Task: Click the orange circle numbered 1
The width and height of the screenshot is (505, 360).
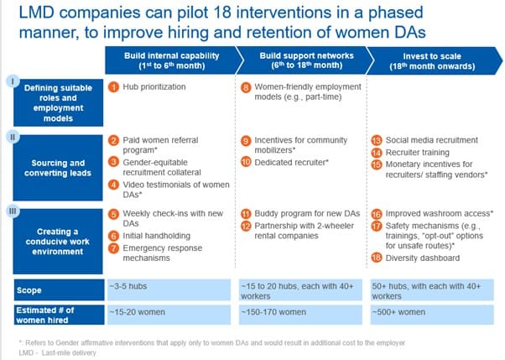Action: pyautogui.click(x=113, y=87)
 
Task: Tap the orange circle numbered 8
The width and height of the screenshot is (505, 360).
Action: pyautogui.click(x=246, y=87)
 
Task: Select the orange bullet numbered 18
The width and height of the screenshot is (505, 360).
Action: pyautogui.click(x=377, y=258)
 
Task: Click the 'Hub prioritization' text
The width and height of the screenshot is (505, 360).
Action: pyautogui.click(x=154, y=87)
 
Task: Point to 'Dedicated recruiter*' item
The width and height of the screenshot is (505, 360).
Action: pyautogui.click(x=291, y=163)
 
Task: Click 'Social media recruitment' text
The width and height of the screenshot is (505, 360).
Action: pyautogui.click(x=431, y=140)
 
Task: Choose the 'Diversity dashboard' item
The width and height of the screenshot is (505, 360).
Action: pyautogui.click(x=423, y=258)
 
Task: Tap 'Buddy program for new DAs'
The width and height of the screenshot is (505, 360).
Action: pyautogui.click(x=307, y=214)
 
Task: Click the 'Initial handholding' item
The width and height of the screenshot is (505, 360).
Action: pyautogui.click(x=157, y=236)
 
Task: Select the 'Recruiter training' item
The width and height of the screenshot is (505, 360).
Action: pyautogui.click(x=418, y=153)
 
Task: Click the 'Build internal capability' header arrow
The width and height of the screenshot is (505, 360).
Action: pyautogui.click(x=174, y=60)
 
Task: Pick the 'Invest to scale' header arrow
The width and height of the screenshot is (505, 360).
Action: pyautogui.click(x=435, y=61)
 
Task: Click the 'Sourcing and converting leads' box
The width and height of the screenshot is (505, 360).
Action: pyautogui.click(x=58, y=168)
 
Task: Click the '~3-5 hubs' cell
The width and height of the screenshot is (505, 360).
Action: pyautogui.click(x=169, y=290)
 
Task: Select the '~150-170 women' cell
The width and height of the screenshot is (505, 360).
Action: pyautogui.click(x=300, y=315)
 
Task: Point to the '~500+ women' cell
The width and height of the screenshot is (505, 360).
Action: pyautogui.click(x=432, y=315)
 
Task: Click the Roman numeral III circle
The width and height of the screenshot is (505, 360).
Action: pyautogui.click(x=13, y=211)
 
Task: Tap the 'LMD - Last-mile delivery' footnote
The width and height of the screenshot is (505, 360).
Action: pyautogui.click(x=57, y=353)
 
